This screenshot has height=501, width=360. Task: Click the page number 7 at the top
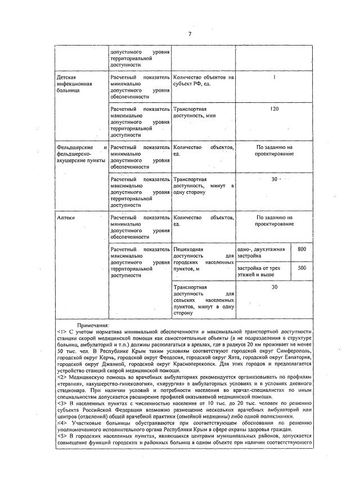[190, 34]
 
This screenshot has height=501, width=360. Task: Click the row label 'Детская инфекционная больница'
[74, 83]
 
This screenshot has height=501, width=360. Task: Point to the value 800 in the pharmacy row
[301, 249]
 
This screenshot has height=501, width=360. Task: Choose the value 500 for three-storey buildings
[301, 269]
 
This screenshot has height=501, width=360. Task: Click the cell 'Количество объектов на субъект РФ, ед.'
[203, 80]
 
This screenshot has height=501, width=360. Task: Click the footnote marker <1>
[61, 332]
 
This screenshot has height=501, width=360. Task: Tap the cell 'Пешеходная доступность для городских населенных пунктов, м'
[203, 259]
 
